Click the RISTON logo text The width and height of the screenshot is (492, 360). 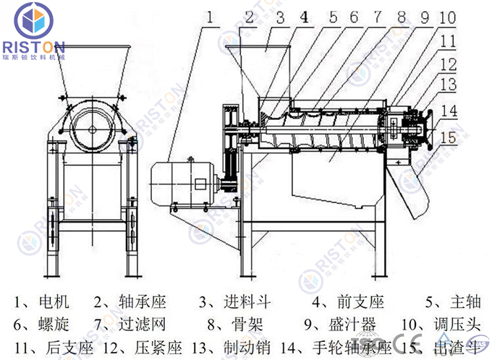point(34,45)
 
